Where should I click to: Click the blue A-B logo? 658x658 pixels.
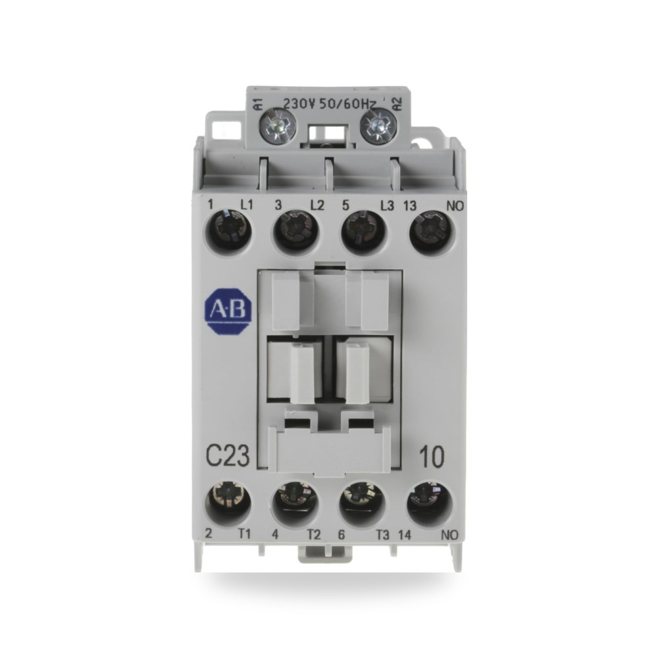228,310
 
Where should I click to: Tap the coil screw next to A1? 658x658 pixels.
278,124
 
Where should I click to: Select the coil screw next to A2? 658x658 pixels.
379,124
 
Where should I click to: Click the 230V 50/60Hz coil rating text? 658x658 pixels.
330,103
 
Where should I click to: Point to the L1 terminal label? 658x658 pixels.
247,205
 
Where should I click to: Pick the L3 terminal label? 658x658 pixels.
387,205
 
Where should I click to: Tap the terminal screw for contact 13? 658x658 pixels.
430,231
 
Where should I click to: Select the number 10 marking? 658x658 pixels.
432,457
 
